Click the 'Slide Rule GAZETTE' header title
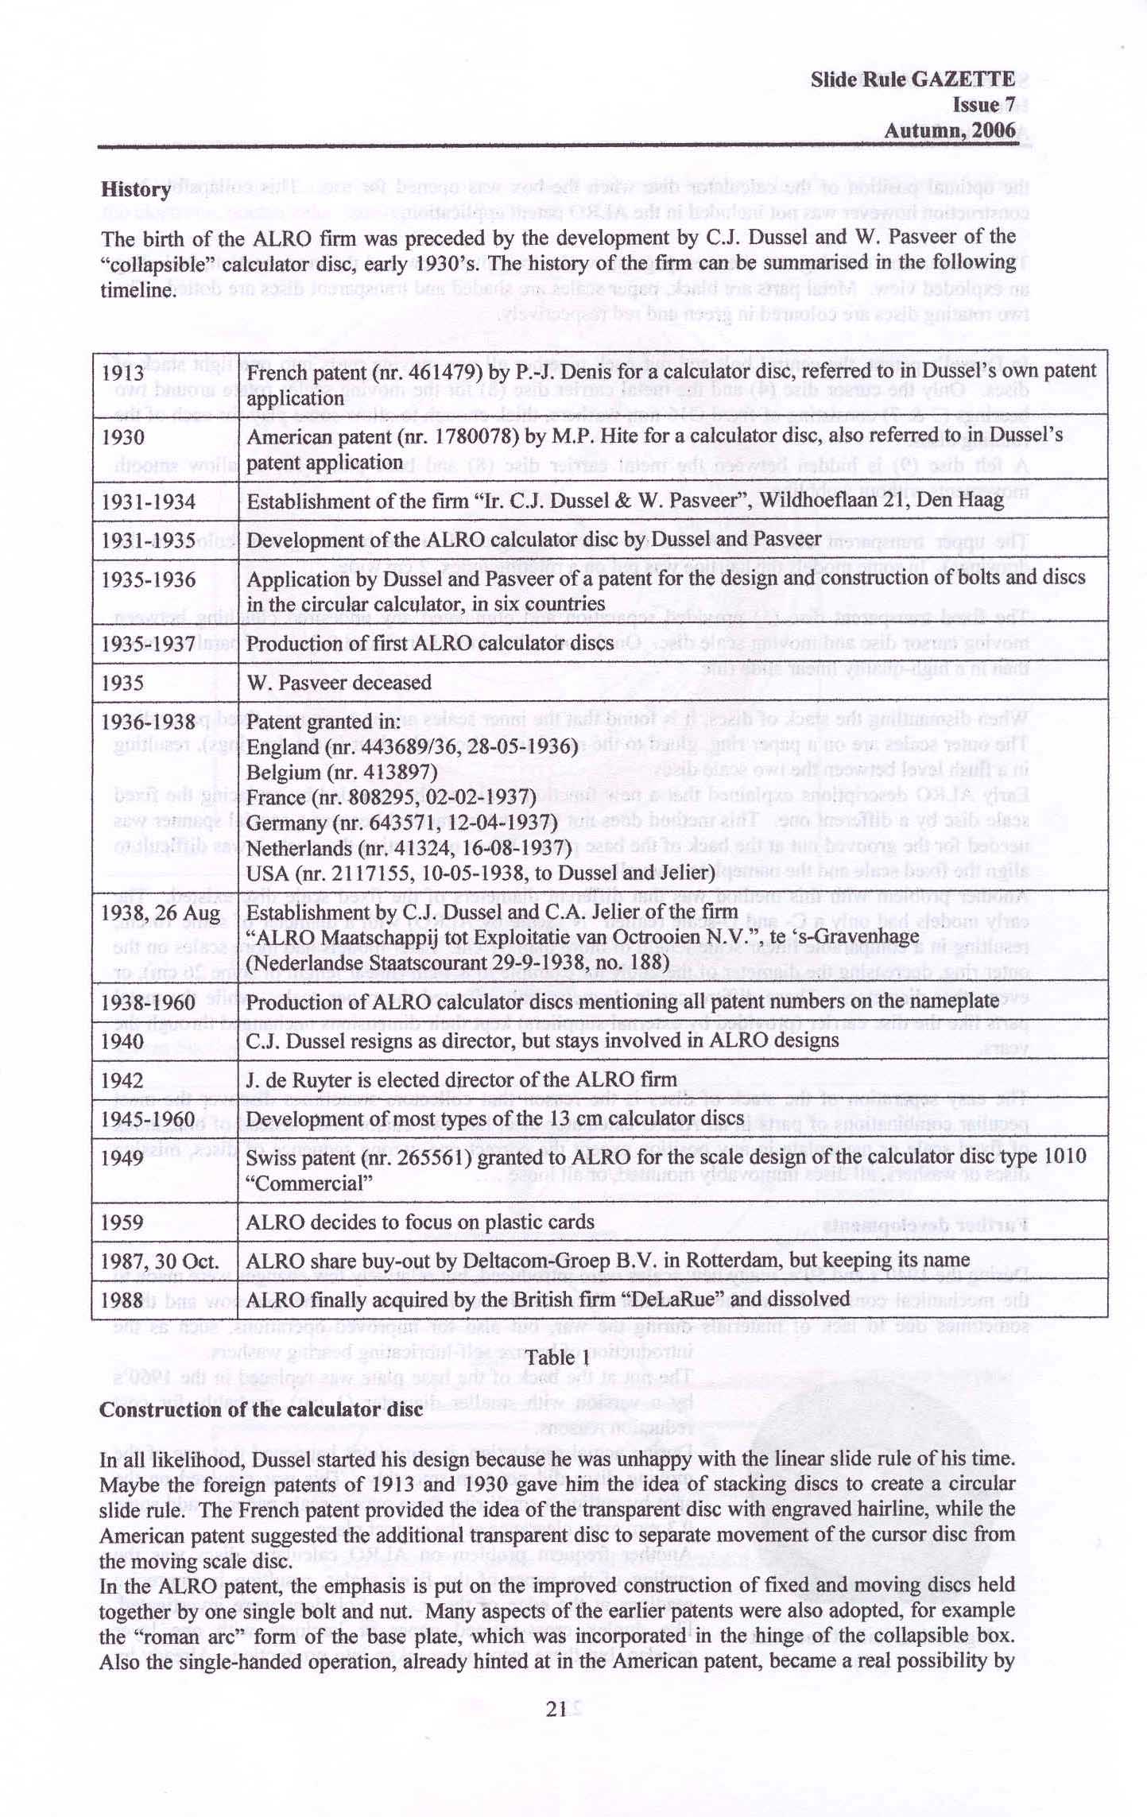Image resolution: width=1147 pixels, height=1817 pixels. tap(913, 79)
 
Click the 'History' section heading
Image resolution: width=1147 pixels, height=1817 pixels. tap(135, 190)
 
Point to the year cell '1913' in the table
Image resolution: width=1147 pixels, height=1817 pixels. tap(122, 372)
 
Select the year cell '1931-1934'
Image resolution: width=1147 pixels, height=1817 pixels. tap(148, 502)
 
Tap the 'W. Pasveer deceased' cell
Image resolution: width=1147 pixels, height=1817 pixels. tap(339, 682)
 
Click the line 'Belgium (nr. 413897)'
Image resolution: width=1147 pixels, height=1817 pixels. tap(342, 772)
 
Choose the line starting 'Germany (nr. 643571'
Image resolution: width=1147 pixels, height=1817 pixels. tap(401, 822)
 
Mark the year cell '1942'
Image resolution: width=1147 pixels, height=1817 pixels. tap(122, 1079)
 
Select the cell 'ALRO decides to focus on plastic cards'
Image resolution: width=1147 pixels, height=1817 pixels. tap(420, 1222)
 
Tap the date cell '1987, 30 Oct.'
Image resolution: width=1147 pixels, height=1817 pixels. tap(160, 1260)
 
